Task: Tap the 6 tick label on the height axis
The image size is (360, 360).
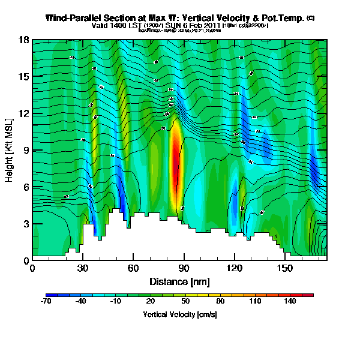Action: click(26, 187)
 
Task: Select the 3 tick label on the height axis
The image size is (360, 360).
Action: click(26, 224)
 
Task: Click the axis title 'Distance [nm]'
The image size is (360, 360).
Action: click(179, 281)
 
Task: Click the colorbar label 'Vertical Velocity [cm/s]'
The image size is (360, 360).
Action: click(179, 314)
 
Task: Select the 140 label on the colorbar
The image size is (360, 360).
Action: click(290, 301)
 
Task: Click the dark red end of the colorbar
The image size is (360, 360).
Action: click(310, 295)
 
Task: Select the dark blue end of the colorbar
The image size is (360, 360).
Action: click(49, 295)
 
